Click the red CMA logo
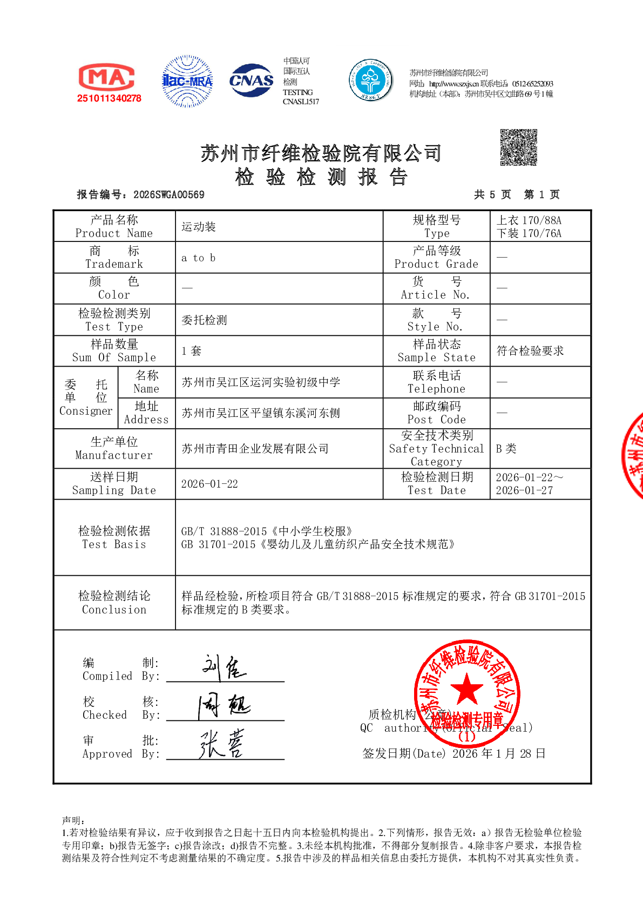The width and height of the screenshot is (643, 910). (106, 77)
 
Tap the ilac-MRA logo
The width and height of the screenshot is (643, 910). (187, 81)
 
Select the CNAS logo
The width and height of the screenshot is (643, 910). (251, 80)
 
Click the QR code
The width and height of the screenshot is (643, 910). (518, 147)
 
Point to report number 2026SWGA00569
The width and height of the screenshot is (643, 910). (168, 195)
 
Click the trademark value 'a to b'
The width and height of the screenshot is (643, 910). (198, 258)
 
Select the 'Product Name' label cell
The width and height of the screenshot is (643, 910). (114, 226)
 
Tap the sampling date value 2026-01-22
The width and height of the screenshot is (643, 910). (209, 484)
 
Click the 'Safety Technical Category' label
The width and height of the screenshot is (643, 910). (436, 448)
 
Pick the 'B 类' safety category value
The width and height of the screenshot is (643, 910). (506, 449)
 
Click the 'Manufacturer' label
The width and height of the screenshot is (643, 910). (114, 448)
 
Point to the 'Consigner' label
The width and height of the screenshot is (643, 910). (85, 398)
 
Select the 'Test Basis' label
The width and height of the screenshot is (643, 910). (114, 537)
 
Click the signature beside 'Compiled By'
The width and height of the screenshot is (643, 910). (224, 668)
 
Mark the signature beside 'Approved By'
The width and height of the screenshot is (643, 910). (222, 744)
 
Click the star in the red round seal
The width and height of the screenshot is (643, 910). (466, 689)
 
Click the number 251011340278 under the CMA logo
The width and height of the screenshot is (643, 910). (109, 98)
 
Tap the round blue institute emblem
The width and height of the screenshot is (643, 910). (371, 80)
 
